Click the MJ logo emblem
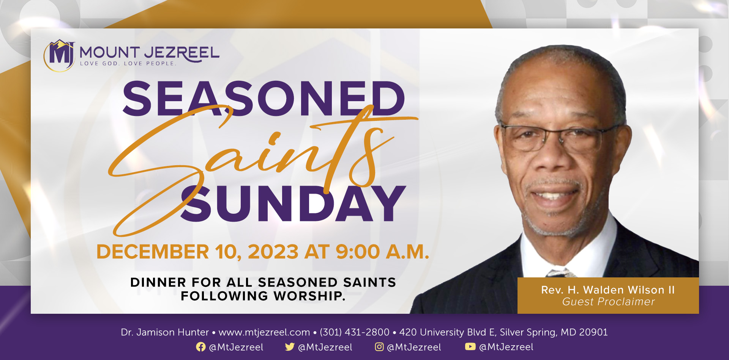coord(59,55)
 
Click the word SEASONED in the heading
coord(264,99)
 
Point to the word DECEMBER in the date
coord(153,252)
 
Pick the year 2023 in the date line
coord(273,252)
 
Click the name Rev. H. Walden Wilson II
coord(608,290)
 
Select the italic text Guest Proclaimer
coord(608,302)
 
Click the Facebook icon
coord(201,347)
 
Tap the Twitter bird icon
coord(290,347)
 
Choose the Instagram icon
coord(379,347)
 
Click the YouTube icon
coord(470,346)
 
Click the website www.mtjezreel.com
coord(264,332)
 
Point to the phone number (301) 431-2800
coord(355,332)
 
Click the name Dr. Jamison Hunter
coord(165,332)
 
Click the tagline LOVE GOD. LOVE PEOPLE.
coord(128,64)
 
